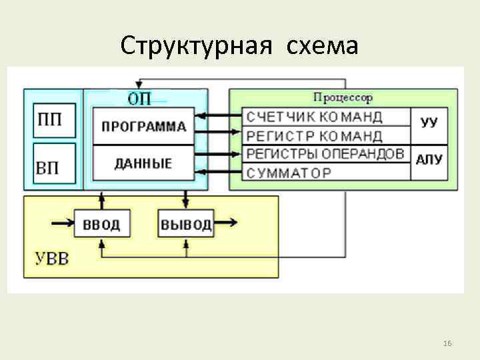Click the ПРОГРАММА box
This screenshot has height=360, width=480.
tap(143, 125)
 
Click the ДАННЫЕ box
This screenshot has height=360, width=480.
tap(143, 163)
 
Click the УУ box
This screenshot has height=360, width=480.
tap(430, 123)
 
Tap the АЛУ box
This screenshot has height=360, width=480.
tap(430, 160)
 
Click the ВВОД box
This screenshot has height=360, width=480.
tap(101, 224)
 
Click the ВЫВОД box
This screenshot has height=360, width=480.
tap(186, 224)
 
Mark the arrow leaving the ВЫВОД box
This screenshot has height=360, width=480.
tap(226, 223)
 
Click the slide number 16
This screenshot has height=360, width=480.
tap(447, 343)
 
